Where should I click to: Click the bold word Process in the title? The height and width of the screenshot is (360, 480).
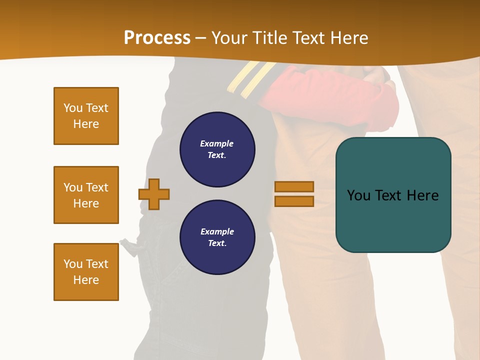coord(157,38)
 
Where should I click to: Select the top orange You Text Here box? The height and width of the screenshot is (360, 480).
coord(86,116)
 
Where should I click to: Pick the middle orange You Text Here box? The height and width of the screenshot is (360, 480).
coord(86,195)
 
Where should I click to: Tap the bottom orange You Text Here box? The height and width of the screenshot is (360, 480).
coord(86,272)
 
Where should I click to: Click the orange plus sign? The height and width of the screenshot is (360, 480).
coord(154,194)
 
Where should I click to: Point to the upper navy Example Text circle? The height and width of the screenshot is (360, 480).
coord(217,149)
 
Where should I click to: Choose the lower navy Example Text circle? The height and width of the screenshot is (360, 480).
coord(217,237)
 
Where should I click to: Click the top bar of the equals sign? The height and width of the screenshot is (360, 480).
coord(294,187)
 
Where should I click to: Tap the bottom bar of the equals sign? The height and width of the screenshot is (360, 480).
coord(294,201)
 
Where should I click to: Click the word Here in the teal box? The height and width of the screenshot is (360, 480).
coord(422,195)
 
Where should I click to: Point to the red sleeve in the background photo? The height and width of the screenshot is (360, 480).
coord(330,92)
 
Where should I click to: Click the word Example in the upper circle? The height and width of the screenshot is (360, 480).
coord(216,143)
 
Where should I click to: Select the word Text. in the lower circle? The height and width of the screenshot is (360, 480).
coord(217,243)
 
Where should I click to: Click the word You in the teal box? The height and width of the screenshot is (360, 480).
coord(358,195)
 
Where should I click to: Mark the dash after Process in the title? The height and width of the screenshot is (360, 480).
coord(200,38)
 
